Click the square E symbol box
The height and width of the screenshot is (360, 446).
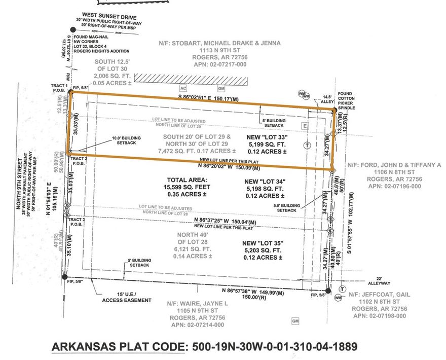[305, 125]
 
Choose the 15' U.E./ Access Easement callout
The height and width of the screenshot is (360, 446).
[127, 297]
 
